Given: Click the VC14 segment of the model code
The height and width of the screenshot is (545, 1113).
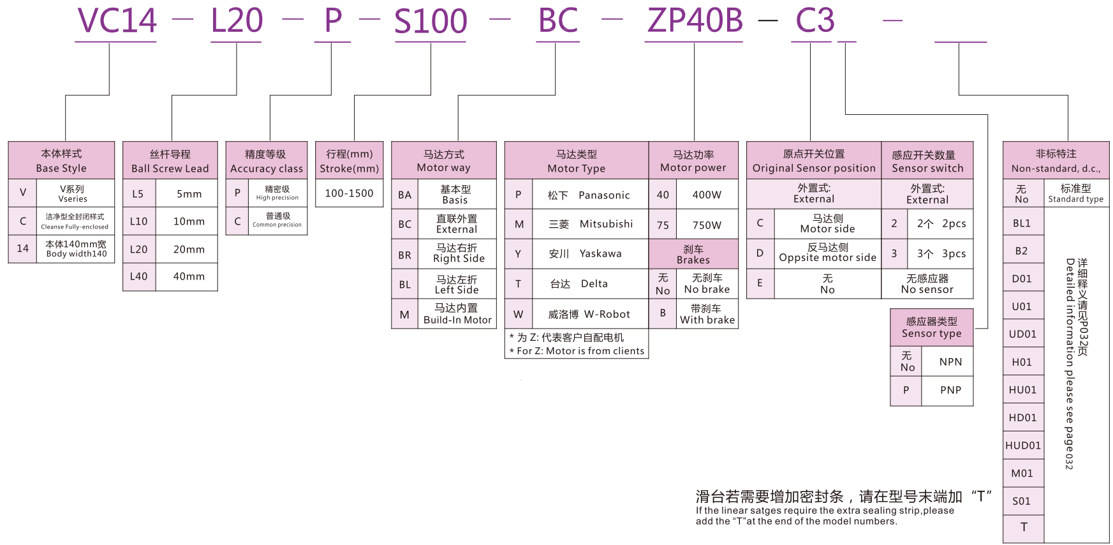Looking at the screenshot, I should [117, 21].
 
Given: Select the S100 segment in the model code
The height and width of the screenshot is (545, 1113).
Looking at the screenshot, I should [431, 21].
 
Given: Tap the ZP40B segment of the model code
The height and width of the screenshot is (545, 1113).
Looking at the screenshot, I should [695, 21].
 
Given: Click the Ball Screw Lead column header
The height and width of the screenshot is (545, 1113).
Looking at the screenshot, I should [170, 161].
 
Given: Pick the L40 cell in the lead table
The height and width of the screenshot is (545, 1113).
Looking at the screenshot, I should [138, 276].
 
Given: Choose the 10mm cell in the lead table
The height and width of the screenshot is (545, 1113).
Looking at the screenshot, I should [189, 221].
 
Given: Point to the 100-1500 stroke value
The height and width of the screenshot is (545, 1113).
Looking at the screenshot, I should [349, 193].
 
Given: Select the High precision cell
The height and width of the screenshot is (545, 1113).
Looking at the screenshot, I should [277, 193].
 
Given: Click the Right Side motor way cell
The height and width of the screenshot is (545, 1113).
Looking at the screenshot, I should [458, 253].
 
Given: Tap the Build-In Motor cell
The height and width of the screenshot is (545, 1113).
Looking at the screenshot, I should [457, 314].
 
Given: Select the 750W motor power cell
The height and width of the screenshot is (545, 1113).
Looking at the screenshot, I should [707, 225].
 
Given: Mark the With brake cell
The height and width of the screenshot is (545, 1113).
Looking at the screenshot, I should [707, 314].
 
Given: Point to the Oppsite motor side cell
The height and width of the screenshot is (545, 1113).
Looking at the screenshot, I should [827, 253].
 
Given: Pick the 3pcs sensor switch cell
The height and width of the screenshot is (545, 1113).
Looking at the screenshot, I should [941, 253].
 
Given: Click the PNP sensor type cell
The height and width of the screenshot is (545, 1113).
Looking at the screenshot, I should [950, 390].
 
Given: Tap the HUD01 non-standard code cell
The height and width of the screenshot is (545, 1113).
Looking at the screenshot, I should [1022, 445].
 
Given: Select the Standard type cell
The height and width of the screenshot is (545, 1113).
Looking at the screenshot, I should [1075, 193].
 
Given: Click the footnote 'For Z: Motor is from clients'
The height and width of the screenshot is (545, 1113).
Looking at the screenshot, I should [577, 351].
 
